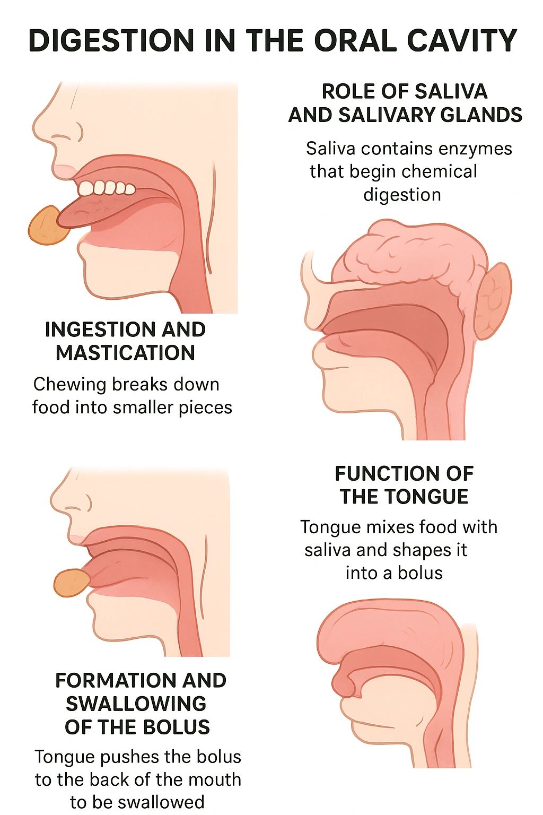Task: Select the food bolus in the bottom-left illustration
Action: [x=71, y=583]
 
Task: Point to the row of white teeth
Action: [x=107, y=188]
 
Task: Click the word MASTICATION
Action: [x=126, y=353]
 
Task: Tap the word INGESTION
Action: [x=95, y=330]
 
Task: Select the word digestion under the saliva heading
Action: [x=402, y=195]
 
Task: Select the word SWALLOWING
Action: [x=136, y=704]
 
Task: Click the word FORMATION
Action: [x=108, y=680]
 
